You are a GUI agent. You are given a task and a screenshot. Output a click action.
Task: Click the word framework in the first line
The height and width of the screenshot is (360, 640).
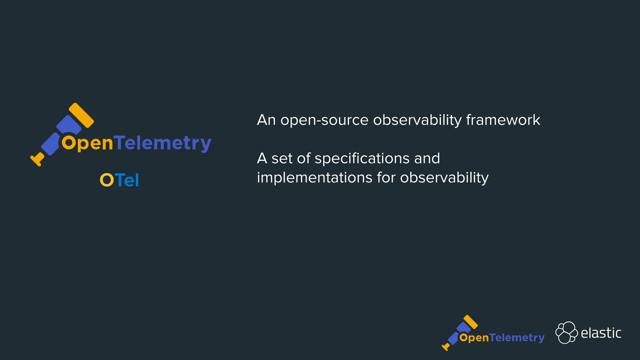[x=503, y=120]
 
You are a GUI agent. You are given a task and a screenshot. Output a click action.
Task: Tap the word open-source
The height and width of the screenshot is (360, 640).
[x=324, y=120]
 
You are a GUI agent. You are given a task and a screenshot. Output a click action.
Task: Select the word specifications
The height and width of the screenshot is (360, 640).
[x=362, y=158]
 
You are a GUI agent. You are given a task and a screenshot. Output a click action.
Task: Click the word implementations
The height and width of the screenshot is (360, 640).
[x=315, y=177]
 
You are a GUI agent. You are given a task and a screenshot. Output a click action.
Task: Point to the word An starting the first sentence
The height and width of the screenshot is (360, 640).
[x=266, y=120]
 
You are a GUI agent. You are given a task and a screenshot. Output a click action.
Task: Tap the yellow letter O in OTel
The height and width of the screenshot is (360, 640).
[x=107, y=180]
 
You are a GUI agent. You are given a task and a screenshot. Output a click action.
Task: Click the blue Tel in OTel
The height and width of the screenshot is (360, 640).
[x=127, y=180]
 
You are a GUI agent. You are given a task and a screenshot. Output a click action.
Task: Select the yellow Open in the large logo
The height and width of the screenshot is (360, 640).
[x=87, y=143]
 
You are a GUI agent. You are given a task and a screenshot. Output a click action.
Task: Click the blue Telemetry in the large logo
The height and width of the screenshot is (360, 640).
[x=163, y=143]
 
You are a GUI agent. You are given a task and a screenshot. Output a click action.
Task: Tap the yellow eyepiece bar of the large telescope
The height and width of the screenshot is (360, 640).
[x=81, y=115]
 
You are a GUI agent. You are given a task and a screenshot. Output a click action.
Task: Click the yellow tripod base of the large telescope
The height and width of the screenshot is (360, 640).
[x=37, y=159]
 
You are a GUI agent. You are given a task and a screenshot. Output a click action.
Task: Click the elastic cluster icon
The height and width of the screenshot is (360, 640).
[x=566, y=332]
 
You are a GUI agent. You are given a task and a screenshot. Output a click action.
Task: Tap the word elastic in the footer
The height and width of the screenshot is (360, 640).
[x=601, y=333]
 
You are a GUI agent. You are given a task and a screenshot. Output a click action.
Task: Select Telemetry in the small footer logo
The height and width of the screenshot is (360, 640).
[x=517, y=338]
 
